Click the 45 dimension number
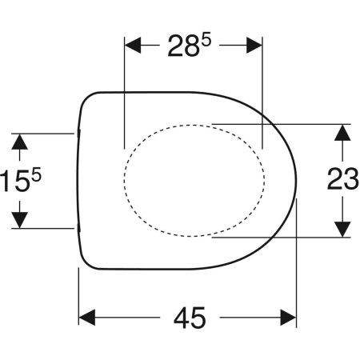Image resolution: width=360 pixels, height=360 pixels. (190, 318)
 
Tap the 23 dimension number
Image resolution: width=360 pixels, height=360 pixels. (342, 179)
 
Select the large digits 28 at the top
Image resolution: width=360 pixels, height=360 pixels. (183, 46)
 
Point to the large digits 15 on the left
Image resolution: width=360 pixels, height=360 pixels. (14, 181)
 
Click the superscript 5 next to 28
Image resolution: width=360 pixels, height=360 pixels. (206, 40)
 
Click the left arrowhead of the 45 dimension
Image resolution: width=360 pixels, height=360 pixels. (87, 318)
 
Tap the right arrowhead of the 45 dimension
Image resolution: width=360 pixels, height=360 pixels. (288, 318)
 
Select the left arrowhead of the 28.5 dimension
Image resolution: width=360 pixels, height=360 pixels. (133, 46)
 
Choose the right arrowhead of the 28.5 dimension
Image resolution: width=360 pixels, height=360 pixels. (254, 46)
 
